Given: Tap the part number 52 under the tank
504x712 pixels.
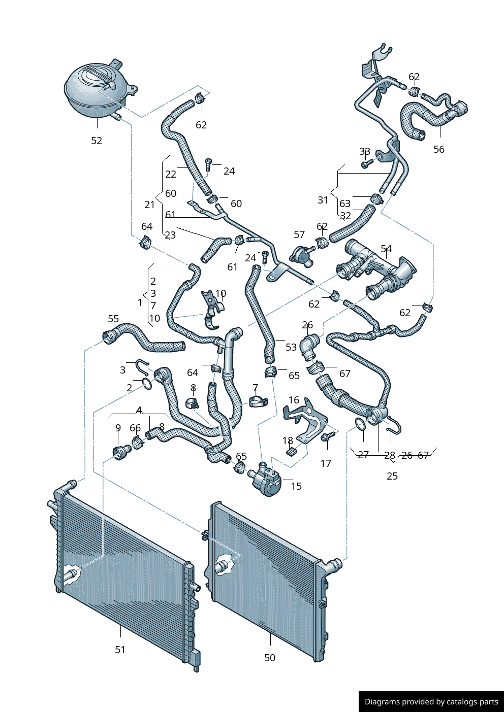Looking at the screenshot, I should pos(97,141).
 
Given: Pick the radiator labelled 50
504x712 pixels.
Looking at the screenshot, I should pos(267,579).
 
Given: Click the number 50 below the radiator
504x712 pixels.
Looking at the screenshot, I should pos(270,658).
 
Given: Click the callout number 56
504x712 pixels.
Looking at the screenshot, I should pos(439,149).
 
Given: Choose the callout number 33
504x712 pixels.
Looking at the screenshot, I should pos(365,152).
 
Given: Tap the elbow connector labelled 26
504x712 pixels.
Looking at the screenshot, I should pos(309,345).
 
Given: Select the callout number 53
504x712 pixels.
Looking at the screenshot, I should pos(291,347).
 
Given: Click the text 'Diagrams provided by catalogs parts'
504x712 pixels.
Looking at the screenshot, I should pos(431,702).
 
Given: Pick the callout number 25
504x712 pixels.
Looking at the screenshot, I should pos(392,476).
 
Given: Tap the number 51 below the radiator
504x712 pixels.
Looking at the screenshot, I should pos(120,650).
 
